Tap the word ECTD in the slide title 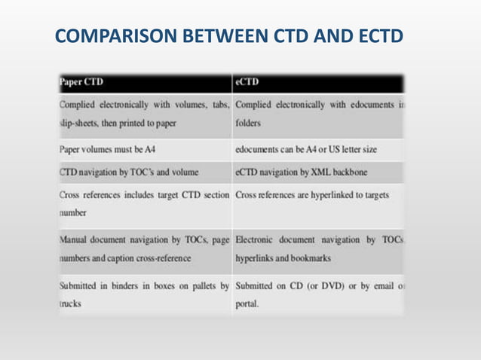click(372, 36)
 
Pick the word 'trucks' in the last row click(71, 306)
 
